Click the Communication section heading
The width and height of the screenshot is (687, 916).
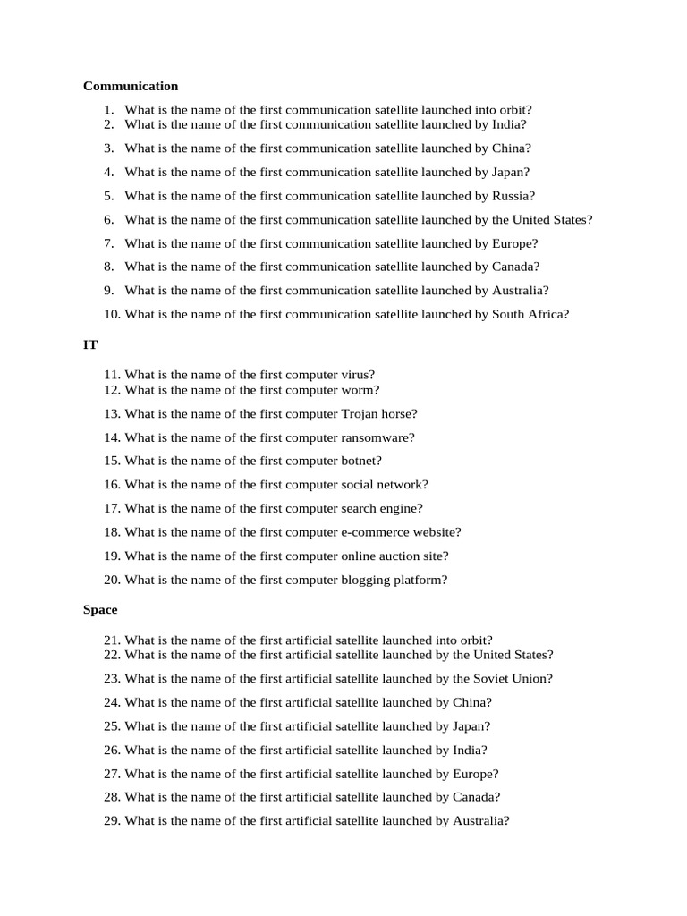click(x=131, y=86)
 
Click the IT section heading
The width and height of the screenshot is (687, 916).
click(x=90, y=343)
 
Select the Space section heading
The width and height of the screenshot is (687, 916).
click(x=100, y=609)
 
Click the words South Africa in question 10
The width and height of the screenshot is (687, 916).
click(x=528, y=314)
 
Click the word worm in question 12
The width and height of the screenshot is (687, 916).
click(x=359, y=390)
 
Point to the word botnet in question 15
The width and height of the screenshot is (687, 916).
click(x=360, y=461)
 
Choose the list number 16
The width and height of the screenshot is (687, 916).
click(x=111, y=485)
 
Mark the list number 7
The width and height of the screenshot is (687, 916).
click(x=108, y=243)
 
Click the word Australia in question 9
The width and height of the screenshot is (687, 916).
click(x=518, y=290)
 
